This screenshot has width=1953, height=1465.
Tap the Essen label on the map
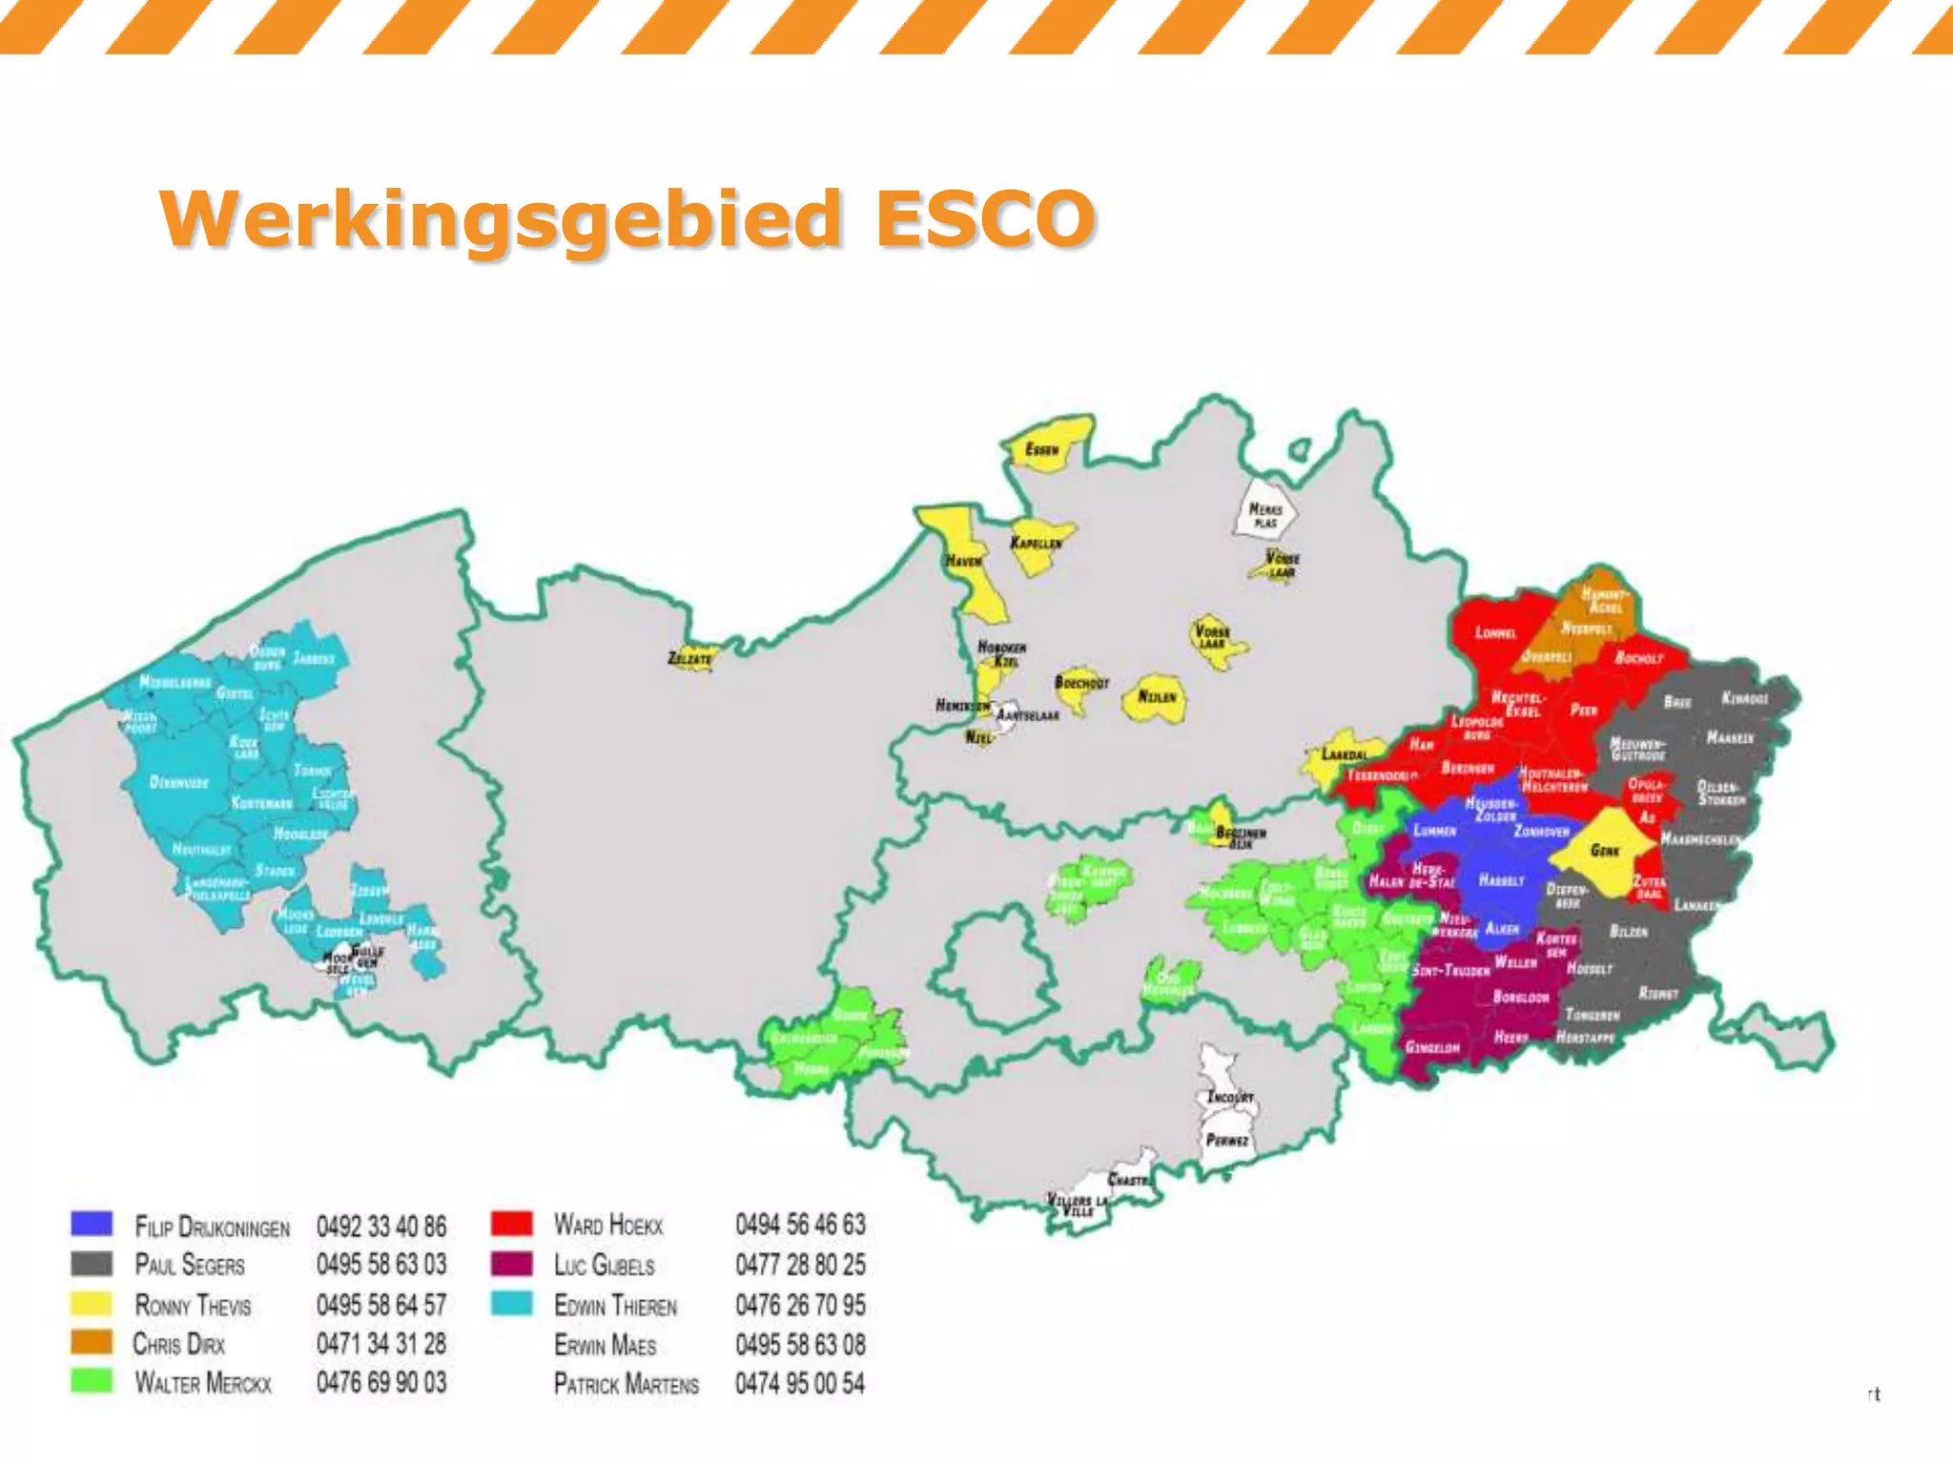(1041, 449)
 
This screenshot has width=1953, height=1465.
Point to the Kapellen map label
(1036, 543)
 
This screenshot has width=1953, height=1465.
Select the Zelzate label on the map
(689, 658)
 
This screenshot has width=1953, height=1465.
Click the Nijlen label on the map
(1157, 697)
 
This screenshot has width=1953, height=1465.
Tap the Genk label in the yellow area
(1605, 850)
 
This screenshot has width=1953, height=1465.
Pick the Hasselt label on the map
(1501, 880)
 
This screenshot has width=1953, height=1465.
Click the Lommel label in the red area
(1495, 632)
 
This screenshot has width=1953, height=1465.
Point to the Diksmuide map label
(178, 782)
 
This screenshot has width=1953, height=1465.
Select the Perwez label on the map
(1227, 1140)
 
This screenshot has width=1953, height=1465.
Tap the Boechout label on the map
(1081, 683)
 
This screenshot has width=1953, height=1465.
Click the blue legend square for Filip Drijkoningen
(92, 1224)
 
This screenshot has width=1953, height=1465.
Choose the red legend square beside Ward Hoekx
(511, 1224)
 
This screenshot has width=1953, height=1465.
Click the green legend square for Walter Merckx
(92, 1381)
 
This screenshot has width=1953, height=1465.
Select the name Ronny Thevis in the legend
(193, 1305)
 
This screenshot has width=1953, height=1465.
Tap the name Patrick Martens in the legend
(626, 1384)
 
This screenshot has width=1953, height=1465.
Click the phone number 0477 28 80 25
(800, 1265)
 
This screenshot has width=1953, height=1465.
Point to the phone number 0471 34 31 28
(380, 1344)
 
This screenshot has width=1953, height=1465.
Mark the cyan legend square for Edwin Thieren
(511, 1304)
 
